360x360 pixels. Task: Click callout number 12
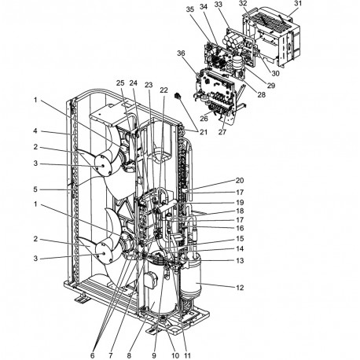(x=240, y=288)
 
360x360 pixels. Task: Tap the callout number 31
(x=298, y=4)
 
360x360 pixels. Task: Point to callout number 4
(x=35, y=130)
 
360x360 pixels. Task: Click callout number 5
(x=35, y=189)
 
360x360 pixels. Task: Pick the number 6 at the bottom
(x=92, y=355)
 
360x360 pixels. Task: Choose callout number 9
(x=154, y=355)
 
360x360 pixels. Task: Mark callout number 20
(x=240, y=180)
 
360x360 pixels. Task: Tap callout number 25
(x=120, y=83)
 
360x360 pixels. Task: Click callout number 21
(x=204, y=132)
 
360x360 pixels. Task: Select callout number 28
(x=261, y=94)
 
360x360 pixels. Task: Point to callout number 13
(x=240, y=260)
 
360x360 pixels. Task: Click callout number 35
(x=190, y=9)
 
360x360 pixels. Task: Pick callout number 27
(x=222, y=132)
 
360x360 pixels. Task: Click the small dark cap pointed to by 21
(x=178, y=95)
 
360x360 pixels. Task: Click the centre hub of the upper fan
(x=103, y=166)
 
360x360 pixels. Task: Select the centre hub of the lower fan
(x=103, y=252)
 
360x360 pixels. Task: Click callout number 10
(x=175, y=355)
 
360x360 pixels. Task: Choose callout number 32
(x=243, y=3)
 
